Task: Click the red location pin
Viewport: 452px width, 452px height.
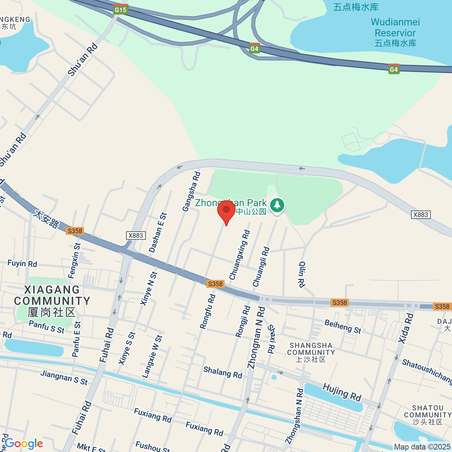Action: click(226, 211)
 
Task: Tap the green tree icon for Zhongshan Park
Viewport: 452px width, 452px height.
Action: click(277, 205)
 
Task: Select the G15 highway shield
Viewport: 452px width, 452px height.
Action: click(121, 9)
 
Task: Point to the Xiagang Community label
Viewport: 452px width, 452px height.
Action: click(52, 301)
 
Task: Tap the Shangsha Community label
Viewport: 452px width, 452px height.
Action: click(311, 352)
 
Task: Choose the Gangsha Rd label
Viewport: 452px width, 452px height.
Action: click(191, 191)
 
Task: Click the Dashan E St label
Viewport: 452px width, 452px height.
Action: click(157, 232)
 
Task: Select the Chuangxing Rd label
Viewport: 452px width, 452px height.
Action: click(240, 255)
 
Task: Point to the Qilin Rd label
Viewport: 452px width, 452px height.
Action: click(302, 274)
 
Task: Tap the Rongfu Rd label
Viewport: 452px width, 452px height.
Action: click(208, 312)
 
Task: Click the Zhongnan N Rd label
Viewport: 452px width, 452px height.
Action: click(256, 337)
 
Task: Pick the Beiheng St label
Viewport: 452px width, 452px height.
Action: click(343, 326)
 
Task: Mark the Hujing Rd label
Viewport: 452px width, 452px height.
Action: click(342, 392)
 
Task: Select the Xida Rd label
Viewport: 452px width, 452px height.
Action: click(406, 328)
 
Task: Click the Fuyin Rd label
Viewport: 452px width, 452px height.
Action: click(22, 263)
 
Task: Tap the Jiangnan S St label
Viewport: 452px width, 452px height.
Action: click(64, 378)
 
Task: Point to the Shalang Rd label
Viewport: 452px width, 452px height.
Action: click(223, 372)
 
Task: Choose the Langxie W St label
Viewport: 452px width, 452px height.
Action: click(152, 356)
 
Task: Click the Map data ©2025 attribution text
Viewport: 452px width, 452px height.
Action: click(422, 447)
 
